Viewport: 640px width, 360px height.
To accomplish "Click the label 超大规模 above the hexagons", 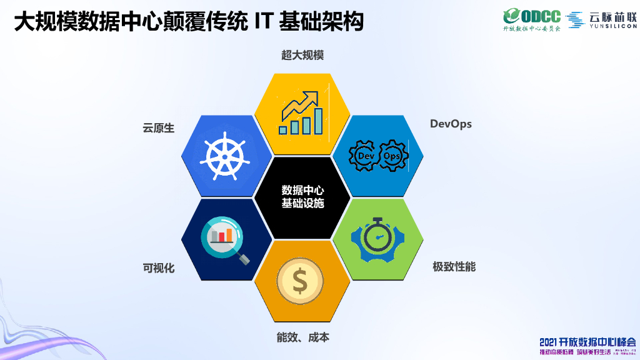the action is [x=302, y=55].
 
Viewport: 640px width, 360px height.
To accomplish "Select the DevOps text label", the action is [x=451, y=124].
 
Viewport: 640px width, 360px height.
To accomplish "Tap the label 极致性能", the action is [x=454, y=267].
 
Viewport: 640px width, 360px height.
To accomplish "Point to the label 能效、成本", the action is [x=302, y=337].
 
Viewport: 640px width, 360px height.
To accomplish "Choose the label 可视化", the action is [x=159, y=268].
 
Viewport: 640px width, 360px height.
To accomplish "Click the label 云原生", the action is [x=159, y=128].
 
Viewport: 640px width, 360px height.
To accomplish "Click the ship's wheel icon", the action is [x=222, y=156].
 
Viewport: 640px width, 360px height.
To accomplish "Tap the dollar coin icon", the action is [x=301, y=282].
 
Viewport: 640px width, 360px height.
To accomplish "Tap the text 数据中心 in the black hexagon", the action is [x=302, y=190].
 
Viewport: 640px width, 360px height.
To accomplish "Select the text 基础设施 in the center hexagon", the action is [x=302, y=203].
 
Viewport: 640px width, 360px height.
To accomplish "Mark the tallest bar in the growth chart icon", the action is [x=319, y=121].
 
